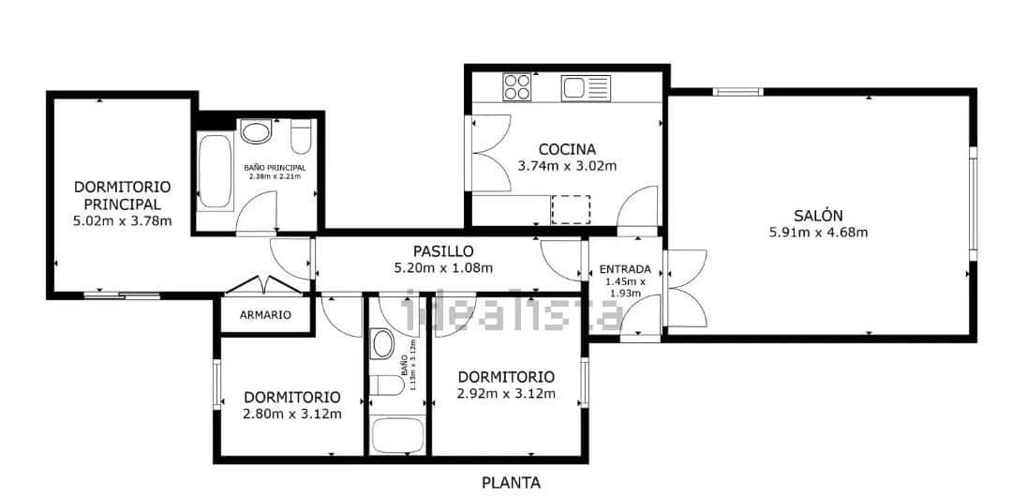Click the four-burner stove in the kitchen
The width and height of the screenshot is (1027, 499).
pyautogui.click(x=516, y=87)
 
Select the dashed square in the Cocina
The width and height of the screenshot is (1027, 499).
pyautogui.click(x=572, y=209)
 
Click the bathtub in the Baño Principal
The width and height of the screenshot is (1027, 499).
pyautogui.click(x=215, y=172)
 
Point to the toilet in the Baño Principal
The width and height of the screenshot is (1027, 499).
pyautogui.click(x=301, y=137)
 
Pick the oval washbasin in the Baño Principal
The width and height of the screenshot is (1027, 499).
pyautogui.click(x=255, y=131)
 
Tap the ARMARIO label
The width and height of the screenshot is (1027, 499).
pyautogui.click(x=264, y=315)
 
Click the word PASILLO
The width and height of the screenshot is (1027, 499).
pyautogui.click(x=443, y=250)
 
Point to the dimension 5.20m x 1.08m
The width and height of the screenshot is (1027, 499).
pyautogui.click(x=443, y=267)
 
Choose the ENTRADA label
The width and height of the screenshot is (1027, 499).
pyautogui.click(x=624, y=269)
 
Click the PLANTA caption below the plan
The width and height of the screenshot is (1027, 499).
pyautogui.click(x=511, y=483)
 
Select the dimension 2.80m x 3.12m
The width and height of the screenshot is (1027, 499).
pyautogui.click(x=291, y=414)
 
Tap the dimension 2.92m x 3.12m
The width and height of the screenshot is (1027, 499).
pyautogui.click(x=506, y=394)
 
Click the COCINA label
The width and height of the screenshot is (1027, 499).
pyautogui.click(x=567, y=149)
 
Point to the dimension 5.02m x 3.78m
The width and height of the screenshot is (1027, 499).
pyautogui.click(x=122, y=221)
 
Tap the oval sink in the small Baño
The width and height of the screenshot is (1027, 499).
pyautogui.click(x=383, y=344)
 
